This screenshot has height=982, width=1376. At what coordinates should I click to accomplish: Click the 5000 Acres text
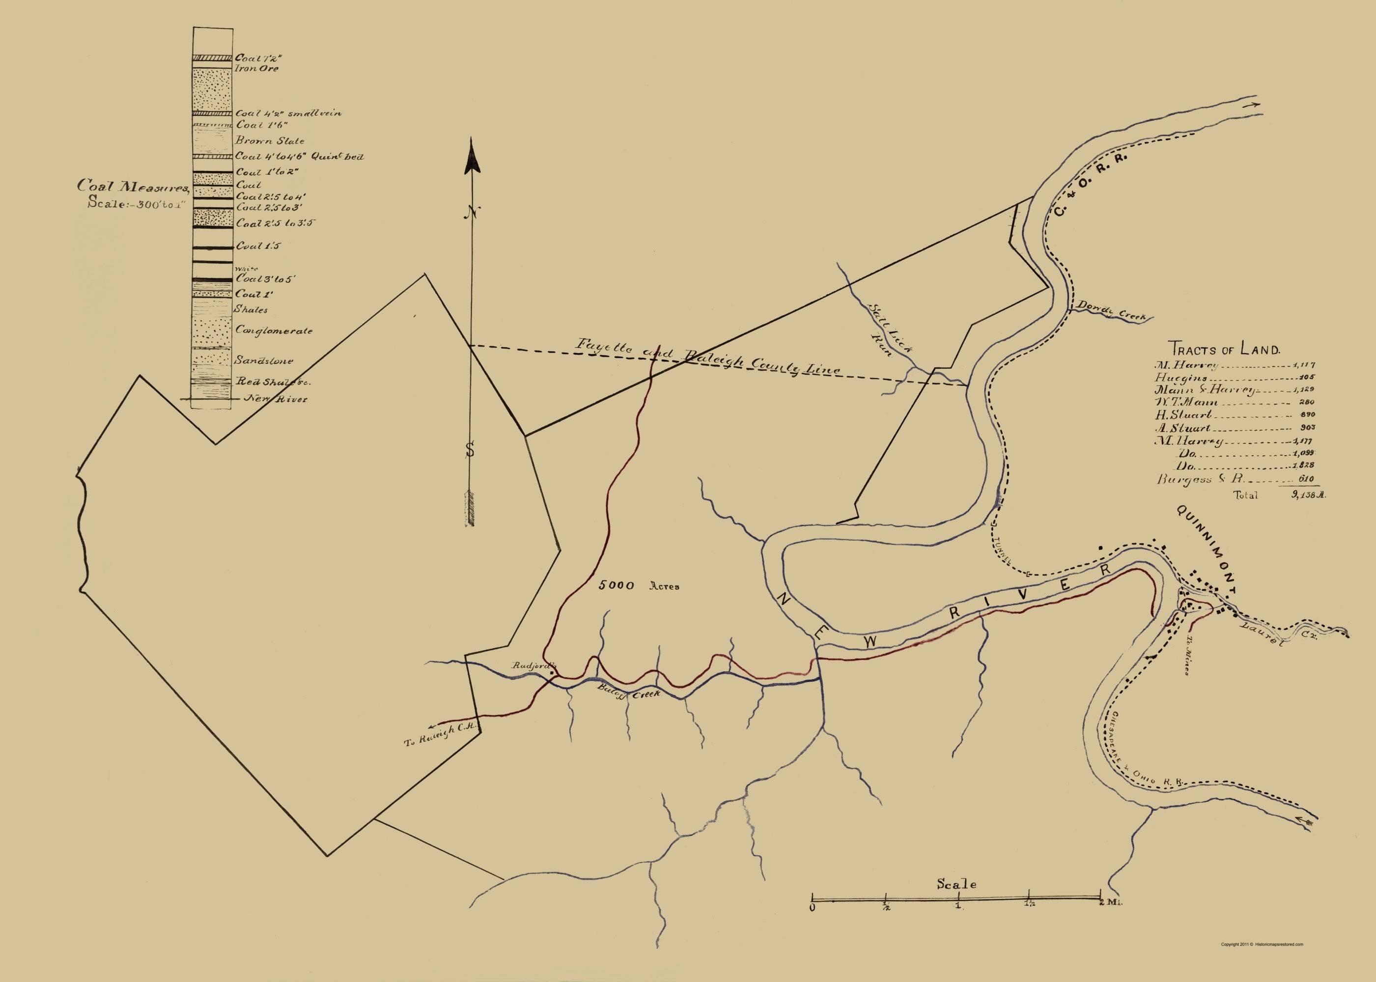pyautogui.click(x=639, y=586)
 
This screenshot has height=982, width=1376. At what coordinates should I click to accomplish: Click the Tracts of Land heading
pyautogui.click(x=1224, y=349)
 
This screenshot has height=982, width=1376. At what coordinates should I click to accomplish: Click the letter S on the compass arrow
pyautogui.click(x=470, y=450)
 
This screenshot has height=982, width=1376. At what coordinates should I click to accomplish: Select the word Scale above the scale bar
pyautogui.click(x=956, y=884)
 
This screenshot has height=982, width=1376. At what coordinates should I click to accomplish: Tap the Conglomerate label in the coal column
pyautogui.click(x=274, y=331)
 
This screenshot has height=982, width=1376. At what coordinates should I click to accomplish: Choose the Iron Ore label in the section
pyautogui.click(x=257, y=69)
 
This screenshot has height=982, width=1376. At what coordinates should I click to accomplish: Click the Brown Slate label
pyautogui.click(x=270, y=141)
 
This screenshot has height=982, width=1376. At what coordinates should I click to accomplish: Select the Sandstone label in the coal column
pyautogui.click(x=264, y=361)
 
